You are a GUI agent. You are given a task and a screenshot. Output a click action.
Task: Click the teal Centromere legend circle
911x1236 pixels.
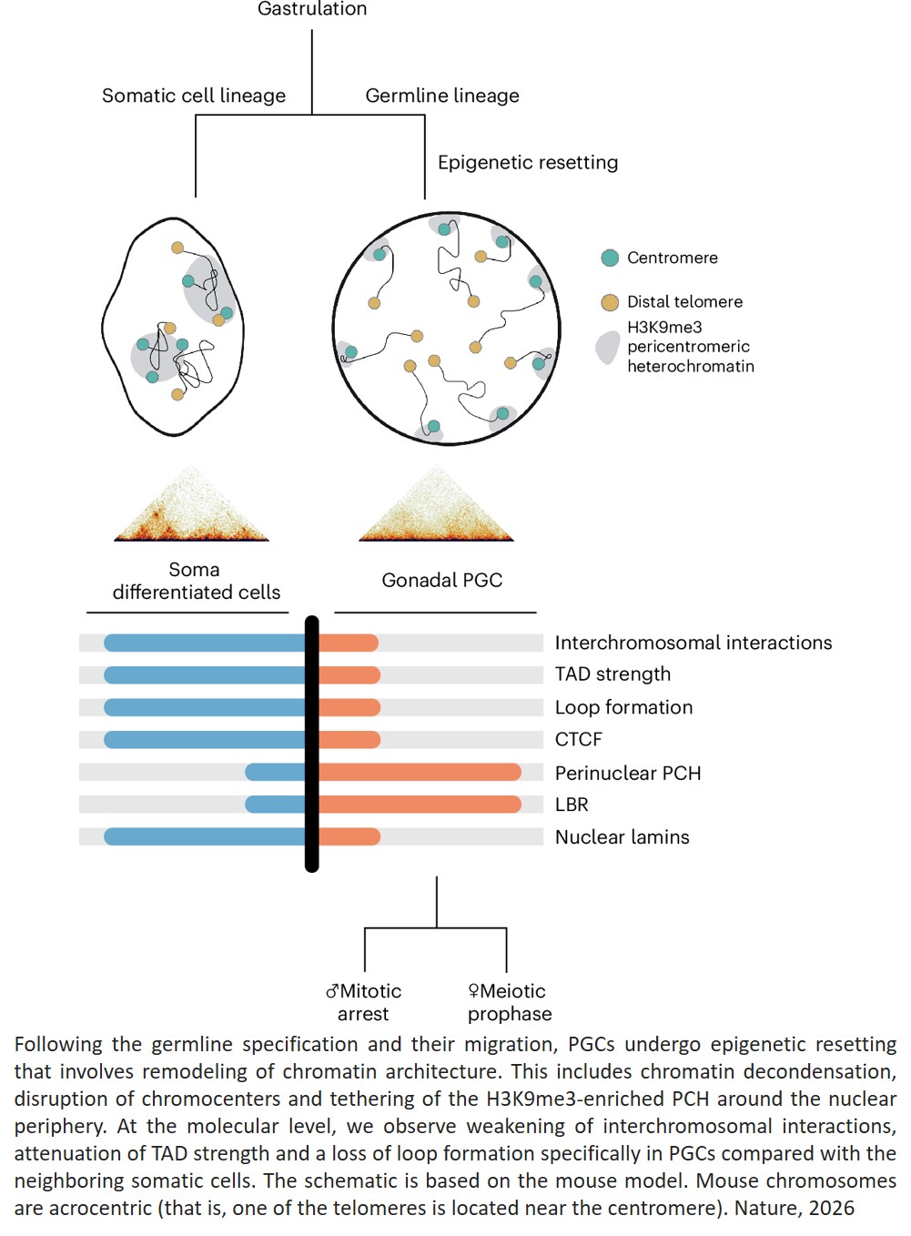pyautogui.click(x=610, y=258)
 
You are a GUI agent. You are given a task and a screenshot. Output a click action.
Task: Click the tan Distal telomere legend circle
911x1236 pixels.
pyautogui.click(x=610, y=302)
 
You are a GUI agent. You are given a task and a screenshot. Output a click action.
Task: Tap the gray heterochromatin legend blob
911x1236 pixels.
pyautogui.click(x=607, y=348)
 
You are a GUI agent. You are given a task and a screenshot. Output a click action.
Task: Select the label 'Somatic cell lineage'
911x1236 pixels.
pyautogui.click(x=194, y=96)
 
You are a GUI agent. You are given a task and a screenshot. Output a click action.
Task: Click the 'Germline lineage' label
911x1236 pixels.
pyautogui.click(x=442, y=96)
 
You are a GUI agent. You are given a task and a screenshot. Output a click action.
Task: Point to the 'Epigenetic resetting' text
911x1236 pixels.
pyautogui.click(x=528, y=162)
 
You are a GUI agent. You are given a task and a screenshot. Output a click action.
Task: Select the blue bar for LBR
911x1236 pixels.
pyautogui.click(x=275, y=805)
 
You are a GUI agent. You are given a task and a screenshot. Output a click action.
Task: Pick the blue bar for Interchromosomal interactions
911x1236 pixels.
pyautogui.click(x=204, y=643)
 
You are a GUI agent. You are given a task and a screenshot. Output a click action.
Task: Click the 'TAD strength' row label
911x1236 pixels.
pyautogui.click(x=612, y=674)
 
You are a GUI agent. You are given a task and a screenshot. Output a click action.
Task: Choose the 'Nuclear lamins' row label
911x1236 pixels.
pyautogui.click(x=623, y=837)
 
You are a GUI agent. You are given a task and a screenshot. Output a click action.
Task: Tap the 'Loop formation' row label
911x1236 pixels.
pyautogui.click(x=623, y=707)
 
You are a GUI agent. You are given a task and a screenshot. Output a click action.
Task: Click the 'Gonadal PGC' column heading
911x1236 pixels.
pyautogui.click(x=442, y=580)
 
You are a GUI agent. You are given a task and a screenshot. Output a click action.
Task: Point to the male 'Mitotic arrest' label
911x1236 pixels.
pyautogui.click(x=364, y=1002)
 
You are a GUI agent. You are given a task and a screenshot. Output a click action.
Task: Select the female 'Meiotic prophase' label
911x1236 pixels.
pyautogui.click(x=509, y=1002)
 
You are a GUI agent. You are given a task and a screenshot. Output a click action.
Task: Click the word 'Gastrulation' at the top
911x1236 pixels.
pyautogui.click(x=312, y=9)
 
